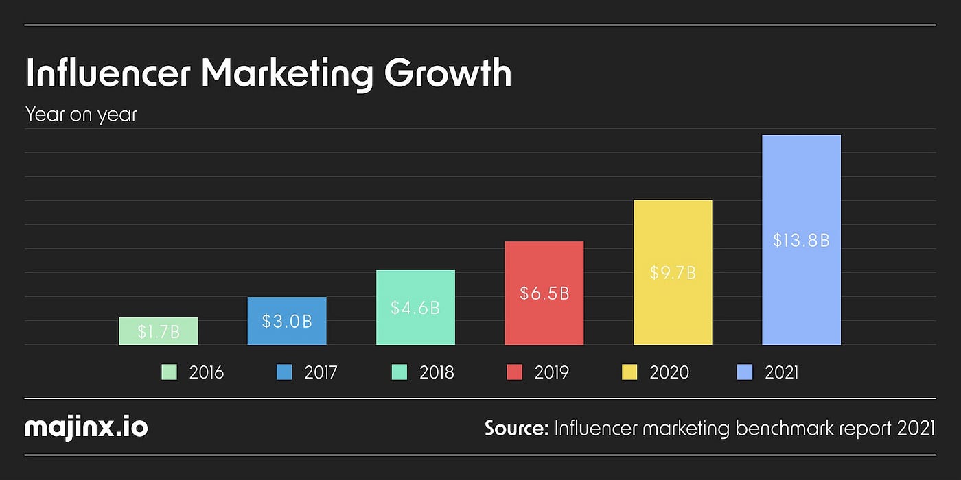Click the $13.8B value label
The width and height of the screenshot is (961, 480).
tap(801, 241)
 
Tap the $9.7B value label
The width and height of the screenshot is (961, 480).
tap(673, 273)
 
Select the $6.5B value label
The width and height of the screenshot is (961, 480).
tap(544, 293)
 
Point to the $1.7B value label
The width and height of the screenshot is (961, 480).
tap(158, 332)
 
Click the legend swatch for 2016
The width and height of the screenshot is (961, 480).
tap(170, 372)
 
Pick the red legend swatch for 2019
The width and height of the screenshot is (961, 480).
tap(514, 372)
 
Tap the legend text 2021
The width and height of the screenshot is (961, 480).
tap(782, 372)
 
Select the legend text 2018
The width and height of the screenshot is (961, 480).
tap(437, 372)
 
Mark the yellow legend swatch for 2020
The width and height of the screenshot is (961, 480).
tap(629, 372)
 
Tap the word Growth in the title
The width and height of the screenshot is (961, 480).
tap(448, 74)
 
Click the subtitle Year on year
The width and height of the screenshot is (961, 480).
tap(81, 115)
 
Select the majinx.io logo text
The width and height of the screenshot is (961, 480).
tap(86, 428)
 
